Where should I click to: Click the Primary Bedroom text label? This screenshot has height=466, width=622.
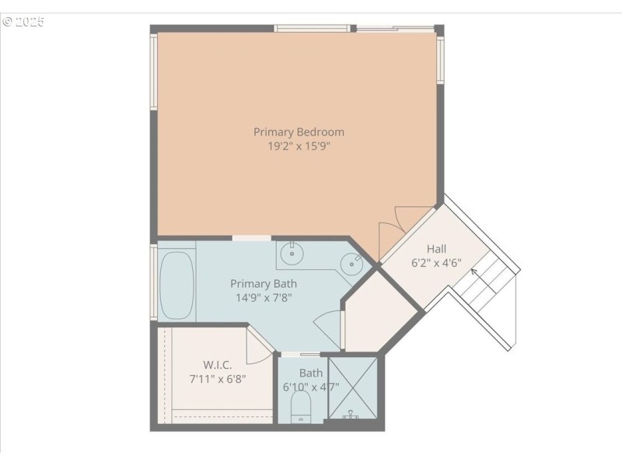(299, 131)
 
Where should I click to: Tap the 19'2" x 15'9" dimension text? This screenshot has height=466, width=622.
(299, 145)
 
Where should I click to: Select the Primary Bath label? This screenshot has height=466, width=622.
(264, 284)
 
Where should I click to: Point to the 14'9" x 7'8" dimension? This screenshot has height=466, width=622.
(264, 297)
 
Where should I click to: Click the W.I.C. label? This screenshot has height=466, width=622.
(218, 364)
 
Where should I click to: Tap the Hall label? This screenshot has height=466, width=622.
(436, 249)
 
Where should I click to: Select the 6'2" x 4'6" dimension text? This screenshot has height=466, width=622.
(436, 263)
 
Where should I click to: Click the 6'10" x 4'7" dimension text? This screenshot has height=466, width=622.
(310, 386)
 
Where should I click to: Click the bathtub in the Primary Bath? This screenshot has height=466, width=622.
(177, 284)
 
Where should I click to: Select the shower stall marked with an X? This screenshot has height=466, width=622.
(354, 387)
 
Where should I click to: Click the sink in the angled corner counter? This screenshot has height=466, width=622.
(352, 265)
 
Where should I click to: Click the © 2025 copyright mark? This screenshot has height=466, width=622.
(23, 22)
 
